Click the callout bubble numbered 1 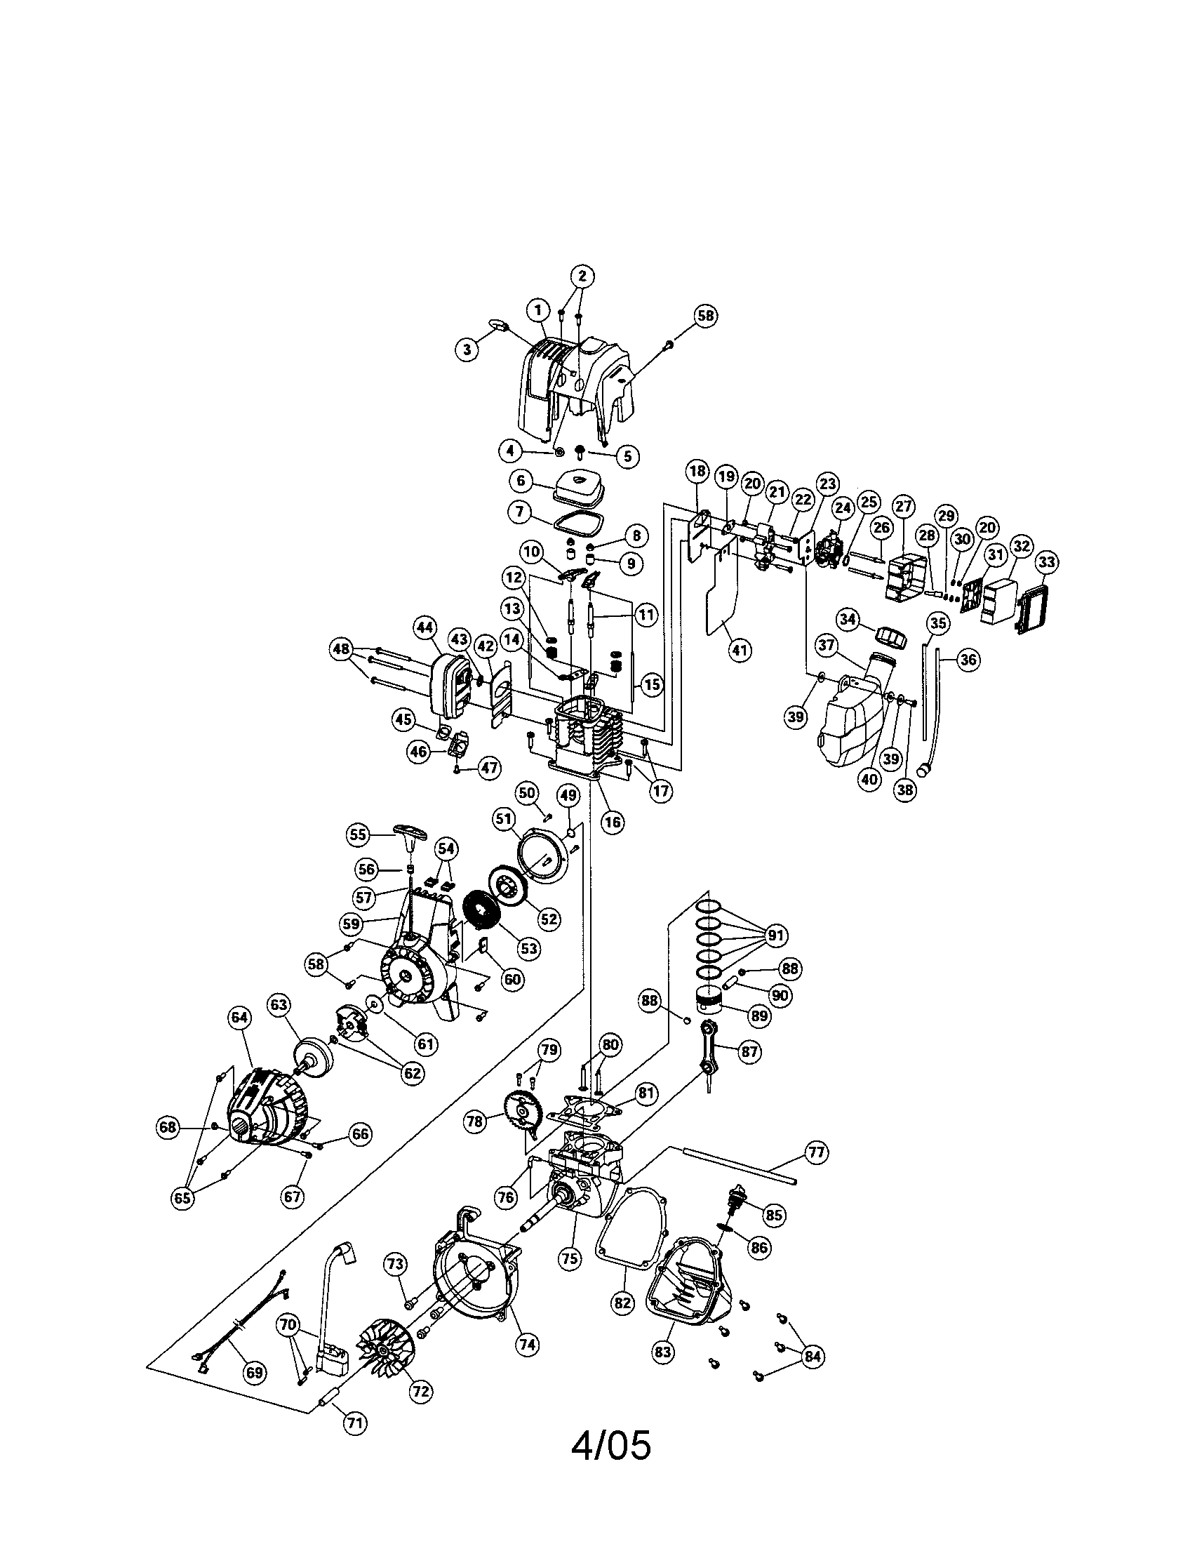click(x=538, y=310)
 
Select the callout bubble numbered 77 click(x=816, y=1152)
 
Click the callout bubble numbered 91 click(x=776, y=936)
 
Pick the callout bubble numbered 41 click(x=739, y=650)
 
